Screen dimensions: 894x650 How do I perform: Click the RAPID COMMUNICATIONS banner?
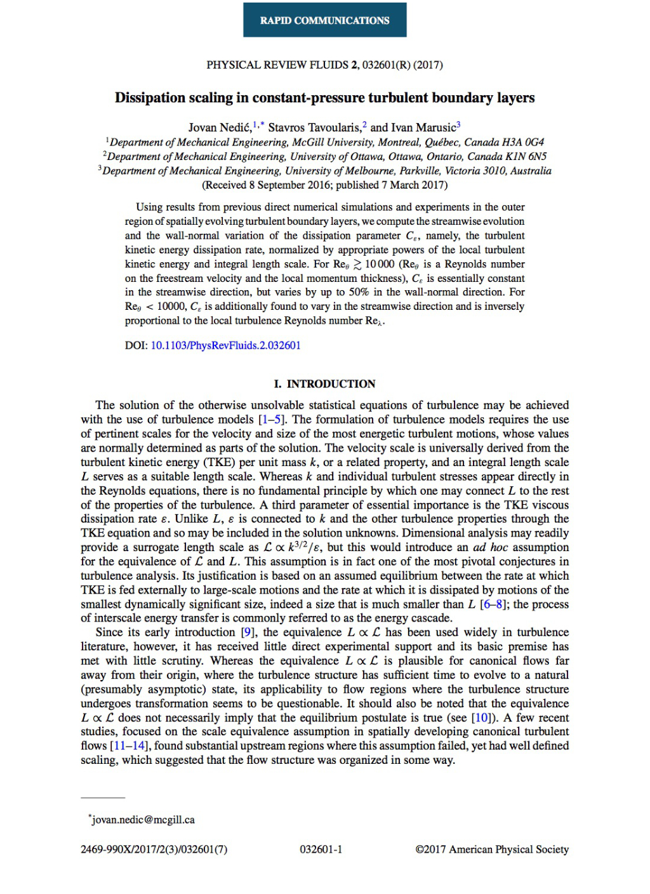(x=324, y=20)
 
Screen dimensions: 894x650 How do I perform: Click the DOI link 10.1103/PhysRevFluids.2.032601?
(x=225, y=345)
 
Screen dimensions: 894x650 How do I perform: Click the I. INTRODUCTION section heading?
(x=324, y=384)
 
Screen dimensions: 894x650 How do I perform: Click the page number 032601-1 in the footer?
(x=321, y=850)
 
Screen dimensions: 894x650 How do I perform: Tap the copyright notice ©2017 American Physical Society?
(x=492, y=850)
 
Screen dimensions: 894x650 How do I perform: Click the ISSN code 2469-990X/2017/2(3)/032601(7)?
(x=154, y=850)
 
